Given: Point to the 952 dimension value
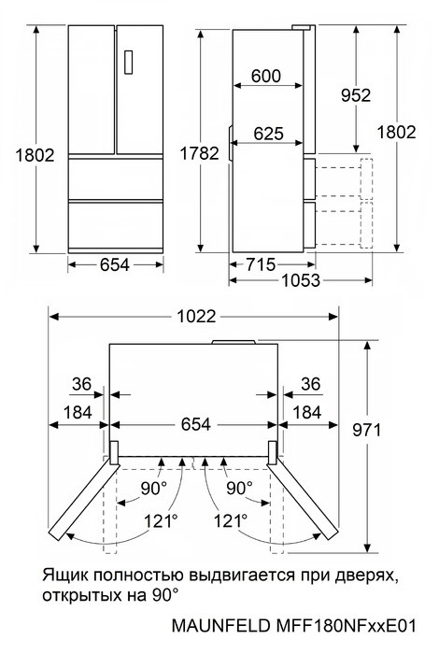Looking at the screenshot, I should tap(355, 94).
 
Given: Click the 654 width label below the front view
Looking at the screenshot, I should tap(115, 264).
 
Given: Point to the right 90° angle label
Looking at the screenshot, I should tap(239, 487).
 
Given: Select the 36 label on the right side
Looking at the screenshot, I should tap(310, 383).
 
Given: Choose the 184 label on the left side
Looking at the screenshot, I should tap(78, 412).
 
